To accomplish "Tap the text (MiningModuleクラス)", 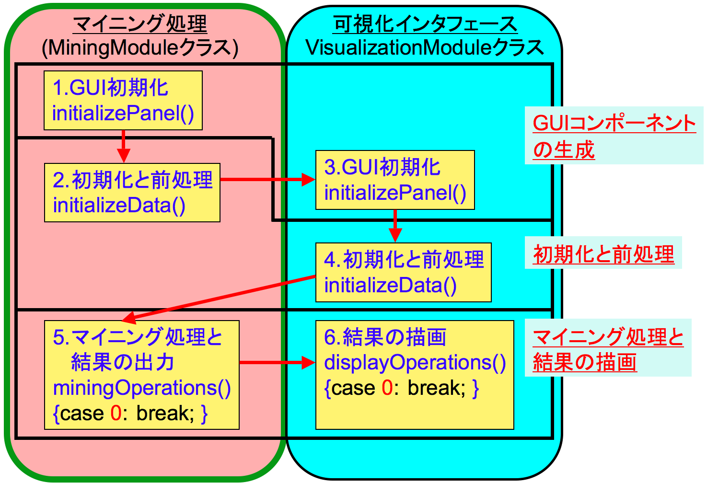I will click(x=140, y=48).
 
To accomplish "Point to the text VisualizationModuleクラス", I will click(x=425, y=48).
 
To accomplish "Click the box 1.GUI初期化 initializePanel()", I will click(x=123, y=101).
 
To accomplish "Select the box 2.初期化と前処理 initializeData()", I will click(x=132, y=193).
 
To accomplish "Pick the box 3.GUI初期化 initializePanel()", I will click(x=395, y=180).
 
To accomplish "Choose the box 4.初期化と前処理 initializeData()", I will click(x=403, y=272).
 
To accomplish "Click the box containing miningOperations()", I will click(x=141, y=375).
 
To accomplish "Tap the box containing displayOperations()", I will click(x=415, y=375).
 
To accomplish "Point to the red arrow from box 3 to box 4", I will click(x=395, y=226).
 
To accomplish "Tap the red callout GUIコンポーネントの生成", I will click(x=614, y=136).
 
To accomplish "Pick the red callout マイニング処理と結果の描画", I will click(x=608, y=349).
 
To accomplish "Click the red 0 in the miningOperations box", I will click(x=116, y=413).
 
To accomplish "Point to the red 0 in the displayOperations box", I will click(x=387, y=388).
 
